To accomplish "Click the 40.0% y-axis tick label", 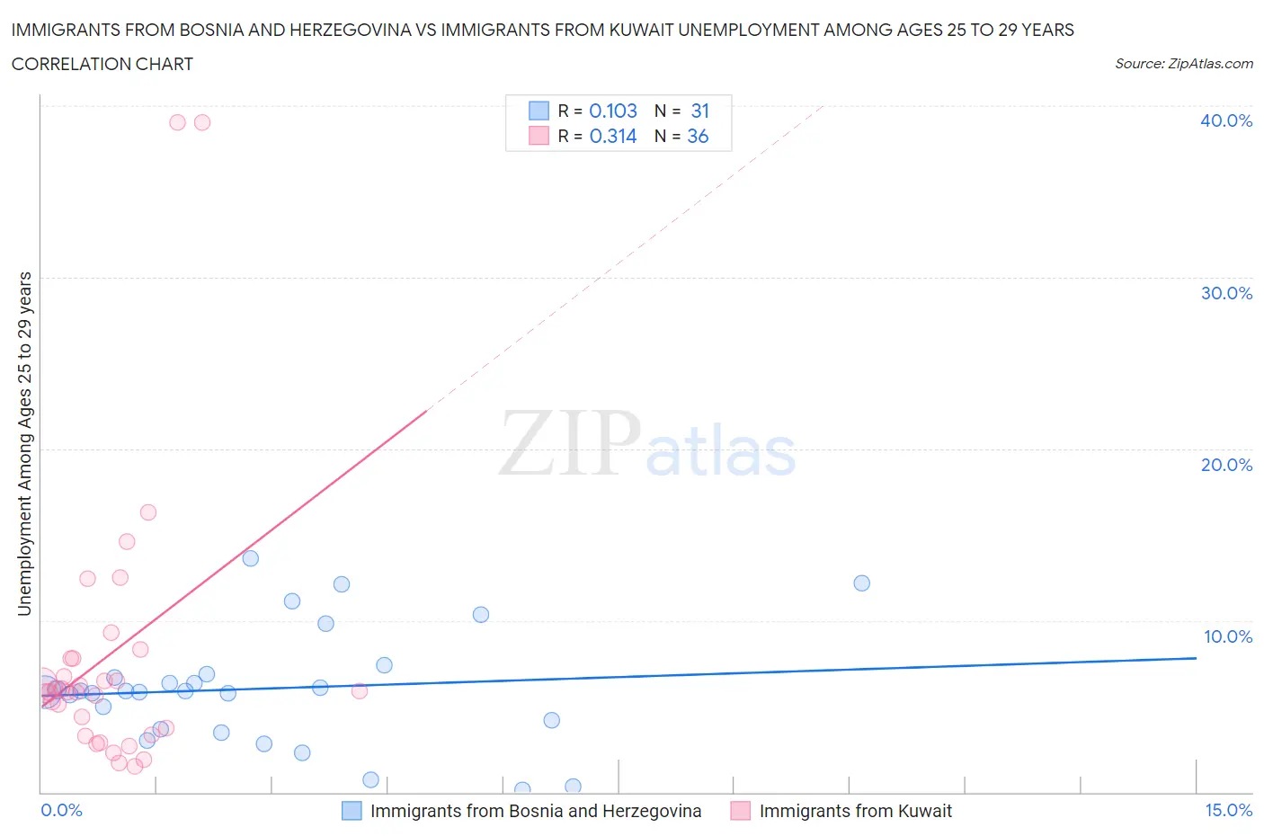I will (1226, 120).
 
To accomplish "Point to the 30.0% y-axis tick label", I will (1226, 293).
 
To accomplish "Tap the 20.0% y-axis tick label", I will (1226, 465).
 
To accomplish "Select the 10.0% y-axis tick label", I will (1228, 636).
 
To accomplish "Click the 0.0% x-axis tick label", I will (61, 810).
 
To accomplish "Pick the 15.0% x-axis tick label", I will (1228, 810).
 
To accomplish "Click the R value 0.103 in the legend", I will (613, 111).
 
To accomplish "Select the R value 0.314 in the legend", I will (613, 136).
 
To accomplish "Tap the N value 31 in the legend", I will (700, 111).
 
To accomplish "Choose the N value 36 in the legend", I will (698, 136).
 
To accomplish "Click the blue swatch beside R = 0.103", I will (539, 111).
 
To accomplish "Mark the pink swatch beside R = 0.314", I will (539, 136).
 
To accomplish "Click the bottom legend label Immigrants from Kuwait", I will (855, 811).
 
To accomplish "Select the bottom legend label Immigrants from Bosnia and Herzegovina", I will (536, 811).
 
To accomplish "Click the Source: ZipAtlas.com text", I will (1183, 63).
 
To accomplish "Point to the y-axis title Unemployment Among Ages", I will (24, 443).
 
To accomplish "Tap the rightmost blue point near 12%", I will (861, 583).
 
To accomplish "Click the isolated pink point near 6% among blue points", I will (359, 690).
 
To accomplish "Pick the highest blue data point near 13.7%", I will (251, 558).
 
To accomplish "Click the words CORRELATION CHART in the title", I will (102, 64).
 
